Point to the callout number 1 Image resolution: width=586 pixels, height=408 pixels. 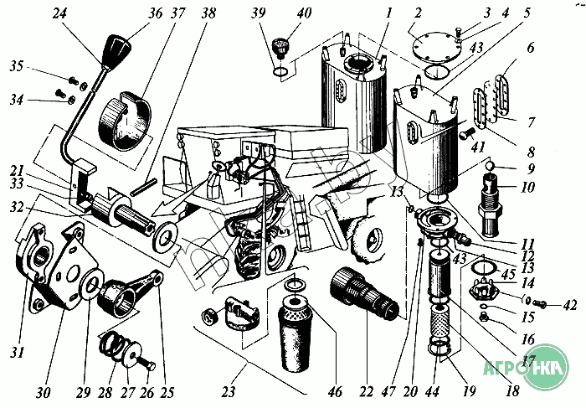(365, 13)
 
